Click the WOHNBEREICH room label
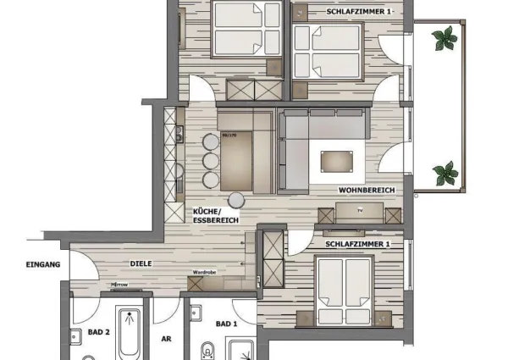366,191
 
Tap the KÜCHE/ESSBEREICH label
216,215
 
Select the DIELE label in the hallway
141,263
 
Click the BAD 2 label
99,332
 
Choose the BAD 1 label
227,324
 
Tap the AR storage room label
167,338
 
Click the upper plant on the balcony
444,38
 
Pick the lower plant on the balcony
445,174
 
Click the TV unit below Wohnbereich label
359,213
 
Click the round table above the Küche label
236,199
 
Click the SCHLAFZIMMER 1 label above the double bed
356,244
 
